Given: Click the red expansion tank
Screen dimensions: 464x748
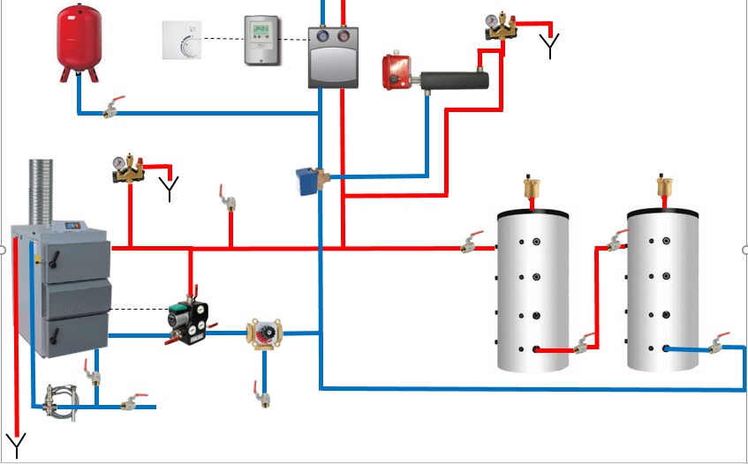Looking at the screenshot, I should [79, 40].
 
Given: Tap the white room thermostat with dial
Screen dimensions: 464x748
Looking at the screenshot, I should [182, 40].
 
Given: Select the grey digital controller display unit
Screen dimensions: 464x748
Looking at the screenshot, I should [261, 40].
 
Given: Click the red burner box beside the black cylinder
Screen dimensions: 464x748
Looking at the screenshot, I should [397, 72].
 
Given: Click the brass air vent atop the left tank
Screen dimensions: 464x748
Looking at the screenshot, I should [532, 188].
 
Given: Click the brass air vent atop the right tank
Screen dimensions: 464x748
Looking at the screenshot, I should [664, 188].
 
